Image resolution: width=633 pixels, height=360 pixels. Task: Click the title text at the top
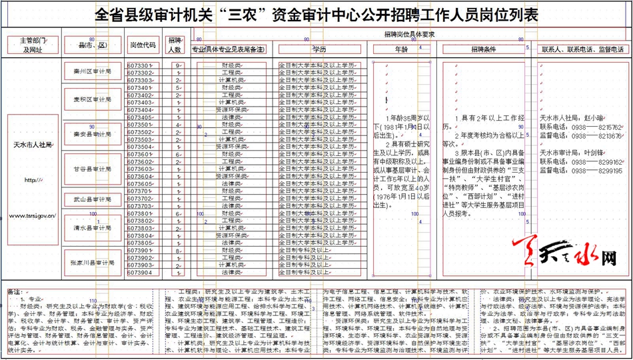point(316,15)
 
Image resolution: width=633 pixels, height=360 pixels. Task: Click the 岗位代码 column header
point(143,45)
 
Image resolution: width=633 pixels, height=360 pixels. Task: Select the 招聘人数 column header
point(175,45)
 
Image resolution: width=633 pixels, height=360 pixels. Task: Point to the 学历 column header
point(319,49)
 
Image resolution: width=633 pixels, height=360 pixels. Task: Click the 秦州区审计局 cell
point(93,70)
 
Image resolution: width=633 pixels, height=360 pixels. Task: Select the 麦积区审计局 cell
point(93,99)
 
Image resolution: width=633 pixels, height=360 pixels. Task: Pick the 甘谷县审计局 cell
point(93,169)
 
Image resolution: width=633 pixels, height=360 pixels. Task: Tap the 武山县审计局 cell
point(93,199)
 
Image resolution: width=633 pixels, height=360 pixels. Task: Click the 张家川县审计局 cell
point(93,263)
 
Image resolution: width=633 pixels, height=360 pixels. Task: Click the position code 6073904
point(140,273)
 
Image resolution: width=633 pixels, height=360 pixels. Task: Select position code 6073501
point(140,125)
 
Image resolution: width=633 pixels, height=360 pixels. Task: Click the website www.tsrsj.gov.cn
point(33,216)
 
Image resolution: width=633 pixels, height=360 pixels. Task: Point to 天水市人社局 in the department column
point(33,143)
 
